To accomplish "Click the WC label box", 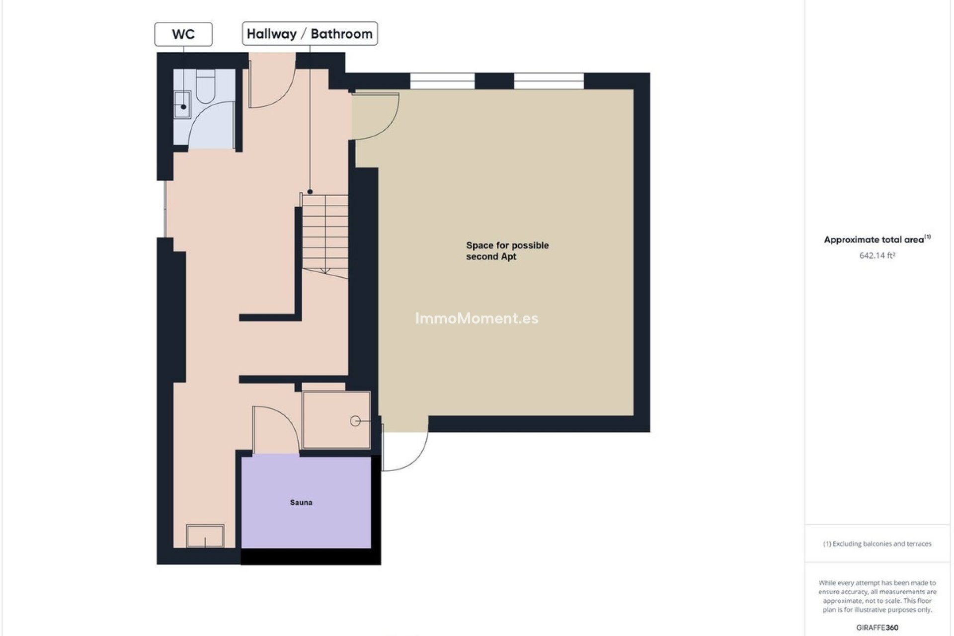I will tap(183, 34).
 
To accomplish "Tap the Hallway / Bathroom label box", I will tap(310, 34).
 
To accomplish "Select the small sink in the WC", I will tap(182, 104).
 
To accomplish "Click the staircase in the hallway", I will tap(325, 234).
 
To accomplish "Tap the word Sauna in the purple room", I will tap(301, 503).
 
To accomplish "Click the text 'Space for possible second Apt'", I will tap(507, 251).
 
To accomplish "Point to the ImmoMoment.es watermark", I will tap(477, 318).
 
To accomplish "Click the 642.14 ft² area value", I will tap(877, 256).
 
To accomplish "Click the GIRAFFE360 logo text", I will tap(877, 628).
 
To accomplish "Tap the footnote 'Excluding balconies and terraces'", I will tap(877, 544).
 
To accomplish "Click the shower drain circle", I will tap(355, 421).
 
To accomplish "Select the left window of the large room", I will tap(442, 81).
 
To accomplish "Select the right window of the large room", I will tap(549, 81).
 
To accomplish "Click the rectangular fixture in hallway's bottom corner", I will tap(205, 536).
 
